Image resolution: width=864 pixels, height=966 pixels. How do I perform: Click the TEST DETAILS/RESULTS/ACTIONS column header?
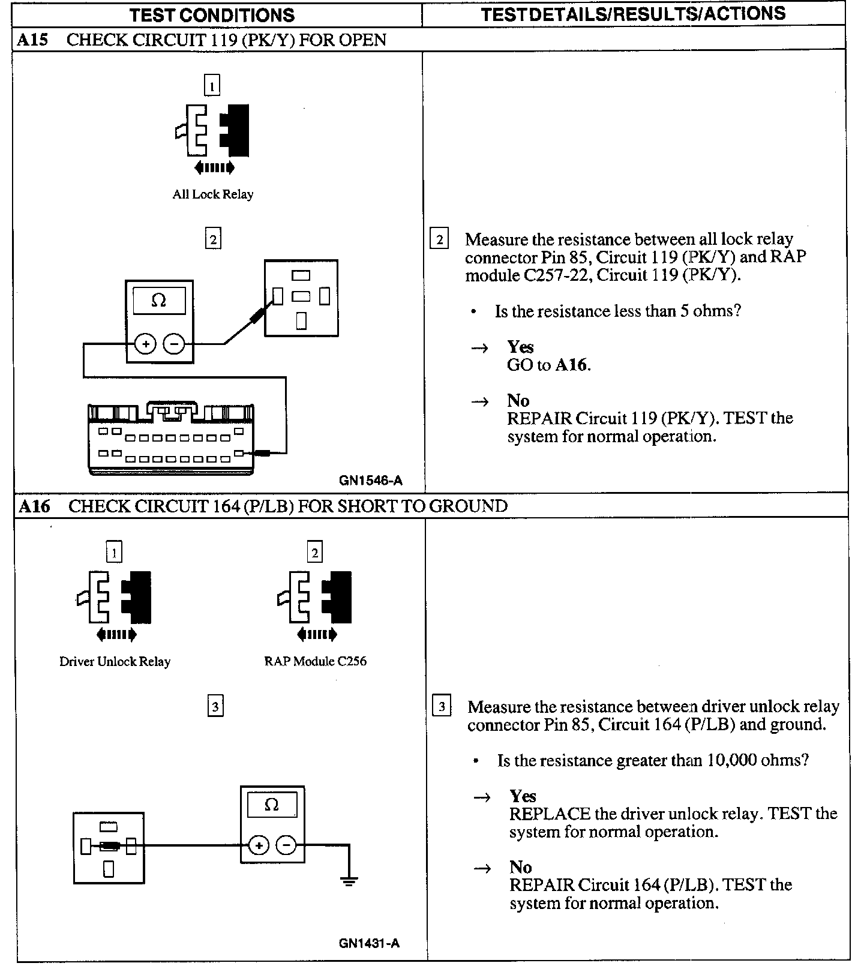click(x=633, y=14)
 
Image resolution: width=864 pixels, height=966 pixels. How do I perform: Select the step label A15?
click(x=32, y=40)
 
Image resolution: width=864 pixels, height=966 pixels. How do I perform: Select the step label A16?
click(x=34, y=506)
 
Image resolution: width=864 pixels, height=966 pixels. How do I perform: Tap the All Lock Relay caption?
click(x=213, y=194)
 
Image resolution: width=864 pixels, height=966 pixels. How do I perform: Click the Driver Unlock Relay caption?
click(x=115, y=661)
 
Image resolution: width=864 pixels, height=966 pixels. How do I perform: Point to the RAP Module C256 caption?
click(x=315, y=661)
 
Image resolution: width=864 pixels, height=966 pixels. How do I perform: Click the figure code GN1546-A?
click(x=370, y=480)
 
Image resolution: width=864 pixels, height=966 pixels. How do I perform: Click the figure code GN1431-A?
click(x=369, y=943)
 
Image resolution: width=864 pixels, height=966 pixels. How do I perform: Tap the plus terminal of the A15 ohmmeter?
click(x=145, y=344)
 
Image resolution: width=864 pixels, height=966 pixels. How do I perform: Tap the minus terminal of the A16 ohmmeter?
click(x=286, y=845)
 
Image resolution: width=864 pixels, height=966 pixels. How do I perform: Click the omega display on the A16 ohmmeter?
click(x=272, y=805)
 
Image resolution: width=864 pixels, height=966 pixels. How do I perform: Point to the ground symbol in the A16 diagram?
click(x=349, y=881)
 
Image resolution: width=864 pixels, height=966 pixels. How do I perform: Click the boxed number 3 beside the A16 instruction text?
click(x=442, y=706)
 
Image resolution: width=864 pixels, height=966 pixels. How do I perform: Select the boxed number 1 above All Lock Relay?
click(x=212, y=85)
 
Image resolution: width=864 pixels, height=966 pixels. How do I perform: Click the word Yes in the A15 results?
click(x=520, y=347)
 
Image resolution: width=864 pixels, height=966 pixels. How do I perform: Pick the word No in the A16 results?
click(x=520, y=867)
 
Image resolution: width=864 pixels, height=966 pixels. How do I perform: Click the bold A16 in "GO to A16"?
click(x=571, y=365)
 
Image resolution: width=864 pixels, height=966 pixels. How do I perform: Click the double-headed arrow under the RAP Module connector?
click(x=317, y=634)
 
